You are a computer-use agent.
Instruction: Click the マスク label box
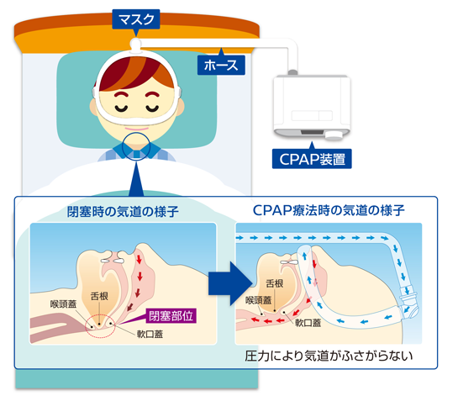coord(136,19)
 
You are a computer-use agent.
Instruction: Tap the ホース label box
coord(221,65)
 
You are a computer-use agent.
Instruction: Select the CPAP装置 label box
coord(312,159)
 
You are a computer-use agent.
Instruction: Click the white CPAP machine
coord(312,107)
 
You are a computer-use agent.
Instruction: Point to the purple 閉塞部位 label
coord(171,316)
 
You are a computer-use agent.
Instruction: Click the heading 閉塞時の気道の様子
coord(123,212)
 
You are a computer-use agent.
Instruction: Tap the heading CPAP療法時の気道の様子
coord(329,210)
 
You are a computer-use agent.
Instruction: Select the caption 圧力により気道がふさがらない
coord(329,356)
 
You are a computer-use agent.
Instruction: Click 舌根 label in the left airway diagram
coord(99,296)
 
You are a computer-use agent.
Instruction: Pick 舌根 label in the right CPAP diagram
coord(275,283)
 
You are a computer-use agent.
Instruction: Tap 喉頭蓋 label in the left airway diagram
coord(63,304)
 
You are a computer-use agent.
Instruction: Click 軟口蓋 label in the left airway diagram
coord(150,334)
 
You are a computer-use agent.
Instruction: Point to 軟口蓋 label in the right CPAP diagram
coord(308,323)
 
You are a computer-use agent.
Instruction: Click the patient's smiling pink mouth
coord(137,129)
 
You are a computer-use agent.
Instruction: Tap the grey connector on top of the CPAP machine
coord(292,72)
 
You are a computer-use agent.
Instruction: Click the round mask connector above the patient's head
coord(135,44)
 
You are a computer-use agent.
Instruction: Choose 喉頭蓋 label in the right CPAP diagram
coord(259,300)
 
